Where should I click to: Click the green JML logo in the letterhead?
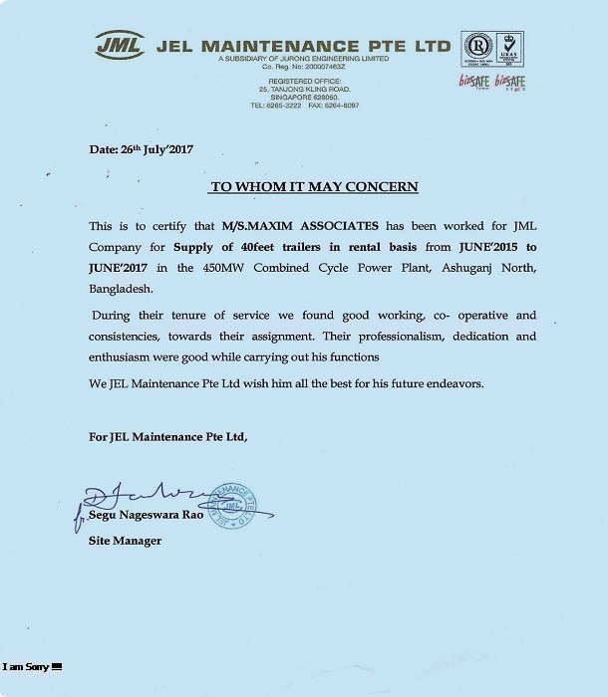(120, 44)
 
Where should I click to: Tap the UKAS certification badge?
(509, 49)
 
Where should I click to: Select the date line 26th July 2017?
(141, 149)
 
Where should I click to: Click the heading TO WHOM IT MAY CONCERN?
(313, 186)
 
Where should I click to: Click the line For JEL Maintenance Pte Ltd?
(167, 436)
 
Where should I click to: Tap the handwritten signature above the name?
(144, 495)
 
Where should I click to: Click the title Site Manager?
(125, 541)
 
